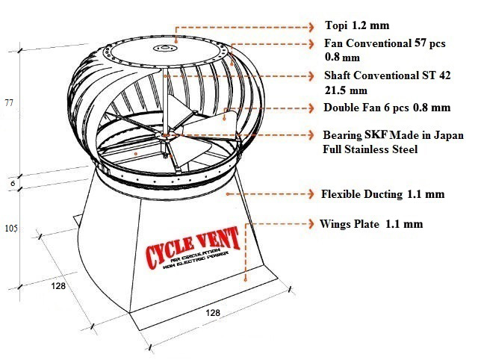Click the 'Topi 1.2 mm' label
[x=352, y=25]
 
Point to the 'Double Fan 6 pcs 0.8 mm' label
[x=386, y=108]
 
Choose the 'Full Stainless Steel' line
[x=370, y=149]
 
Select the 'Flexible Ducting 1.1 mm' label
[x=382, y=193]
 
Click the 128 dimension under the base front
[x=213, y=313]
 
